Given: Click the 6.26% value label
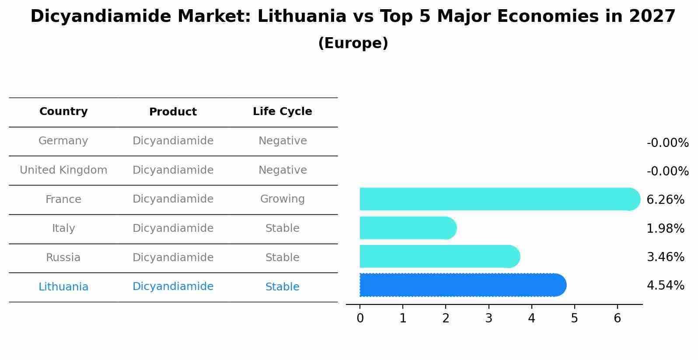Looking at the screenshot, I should click(x=665, y=200).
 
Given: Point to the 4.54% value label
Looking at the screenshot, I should click(x=665, y=286).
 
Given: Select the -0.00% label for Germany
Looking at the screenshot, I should click(x=667, y=143).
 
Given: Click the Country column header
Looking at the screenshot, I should click(x=63, y=112).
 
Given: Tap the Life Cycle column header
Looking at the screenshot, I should click(x=283, y=112).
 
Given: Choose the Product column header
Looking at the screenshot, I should click(x=173, y=112).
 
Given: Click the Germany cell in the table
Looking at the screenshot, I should click(x=63, y=141).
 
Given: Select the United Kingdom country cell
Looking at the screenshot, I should click(x=63, y=170).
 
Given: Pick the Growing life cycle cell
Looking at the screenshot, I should click(x=283, y=199).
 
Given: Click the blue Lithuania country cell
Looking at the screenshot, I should click(x=63, y=287).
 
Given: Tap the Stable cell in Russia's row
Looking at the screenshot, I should click(x=283, y=258).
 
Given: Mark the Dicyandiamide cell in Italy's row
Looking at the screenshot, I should click(x=173, y=228).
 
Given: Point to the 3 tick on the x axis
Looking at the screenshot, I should click(x=489, y=318).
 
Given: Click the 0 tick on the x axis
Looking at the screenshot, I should click(x=360, y=318).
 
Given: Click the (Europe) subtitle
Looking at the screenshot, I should click(x=353, y=43).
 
